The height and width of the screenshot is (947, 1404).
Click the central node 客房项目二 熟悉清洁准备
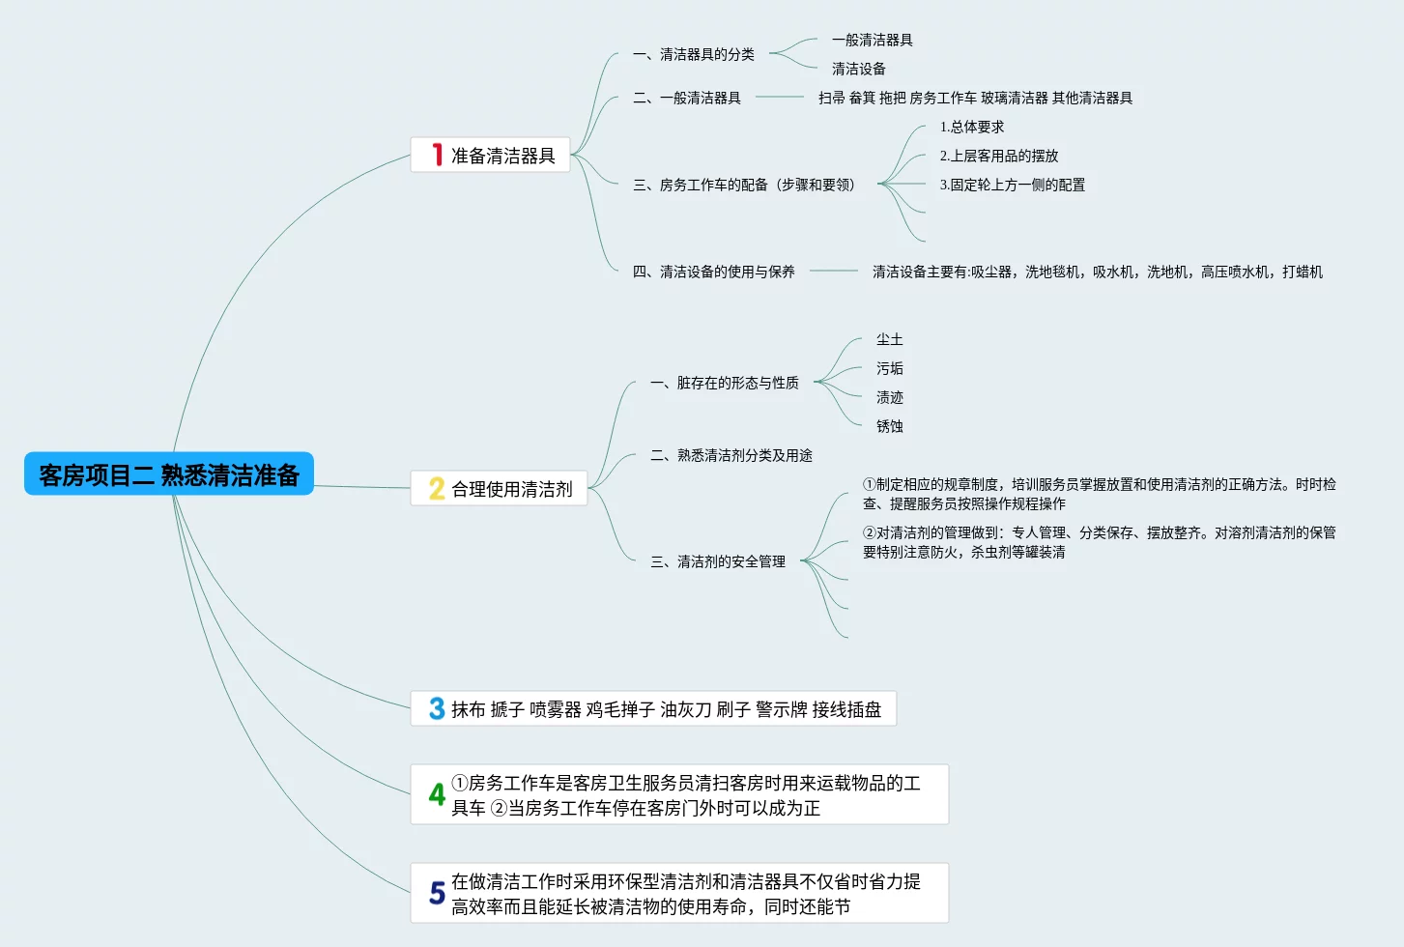[169, 474]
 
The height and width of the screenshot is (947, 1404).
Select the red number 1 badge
[437, 155]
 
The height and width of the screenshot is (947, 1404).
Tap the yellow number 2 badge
[437, 489]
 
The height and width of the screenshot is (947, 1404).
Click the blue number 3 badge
[437, 709]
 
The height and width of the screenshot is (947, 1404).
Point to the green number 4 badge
[437, 794]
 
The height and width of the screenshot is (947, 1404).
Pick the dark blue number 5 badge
[437, 893]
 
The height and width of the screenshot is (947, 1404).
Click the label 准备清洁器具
[503, 156]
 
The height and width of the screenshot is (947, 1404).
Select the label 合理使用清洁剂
[512, 489]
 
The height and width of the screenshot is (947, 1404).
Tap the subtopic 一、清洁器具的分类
[694, 54]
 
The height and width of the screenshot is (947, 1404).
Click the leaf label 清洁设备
[859, 69]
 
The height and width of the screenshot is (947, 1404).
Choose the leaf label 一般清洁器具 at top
[873, 40]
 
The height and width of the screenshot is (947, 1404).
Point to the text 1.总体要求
[972, 127]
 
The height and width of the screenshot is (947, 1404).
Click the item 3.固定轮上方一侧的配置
[1013, 185]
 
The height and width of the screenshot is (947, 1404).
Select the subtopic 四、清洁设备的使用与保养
[714, 272]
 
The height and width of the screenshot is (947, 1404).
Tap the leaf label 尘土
[890, 339]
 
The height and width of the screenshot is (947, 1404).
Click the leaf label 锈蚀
[890, 426]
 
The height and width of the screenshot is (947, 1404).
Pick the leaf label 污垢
[890, 368]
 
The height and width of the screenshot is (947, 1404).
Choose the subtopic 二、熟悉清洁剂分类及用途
[731, 455]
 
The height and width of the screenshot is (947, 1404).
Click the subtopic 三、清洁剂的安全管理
[718, 561]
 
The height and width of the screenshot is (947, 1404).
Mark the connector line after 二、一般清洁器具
[780, 97]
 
